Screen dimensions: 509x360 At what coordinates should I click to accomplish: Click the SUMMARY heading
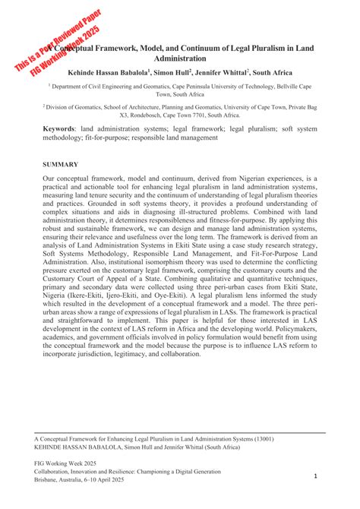(x=61, y=164)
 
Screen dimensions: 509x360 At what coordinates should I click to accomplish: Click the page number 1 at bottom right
(x=314, y=476)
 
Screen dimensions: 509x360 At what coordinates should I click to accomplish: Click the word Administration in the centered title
(x=179, y=58)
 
